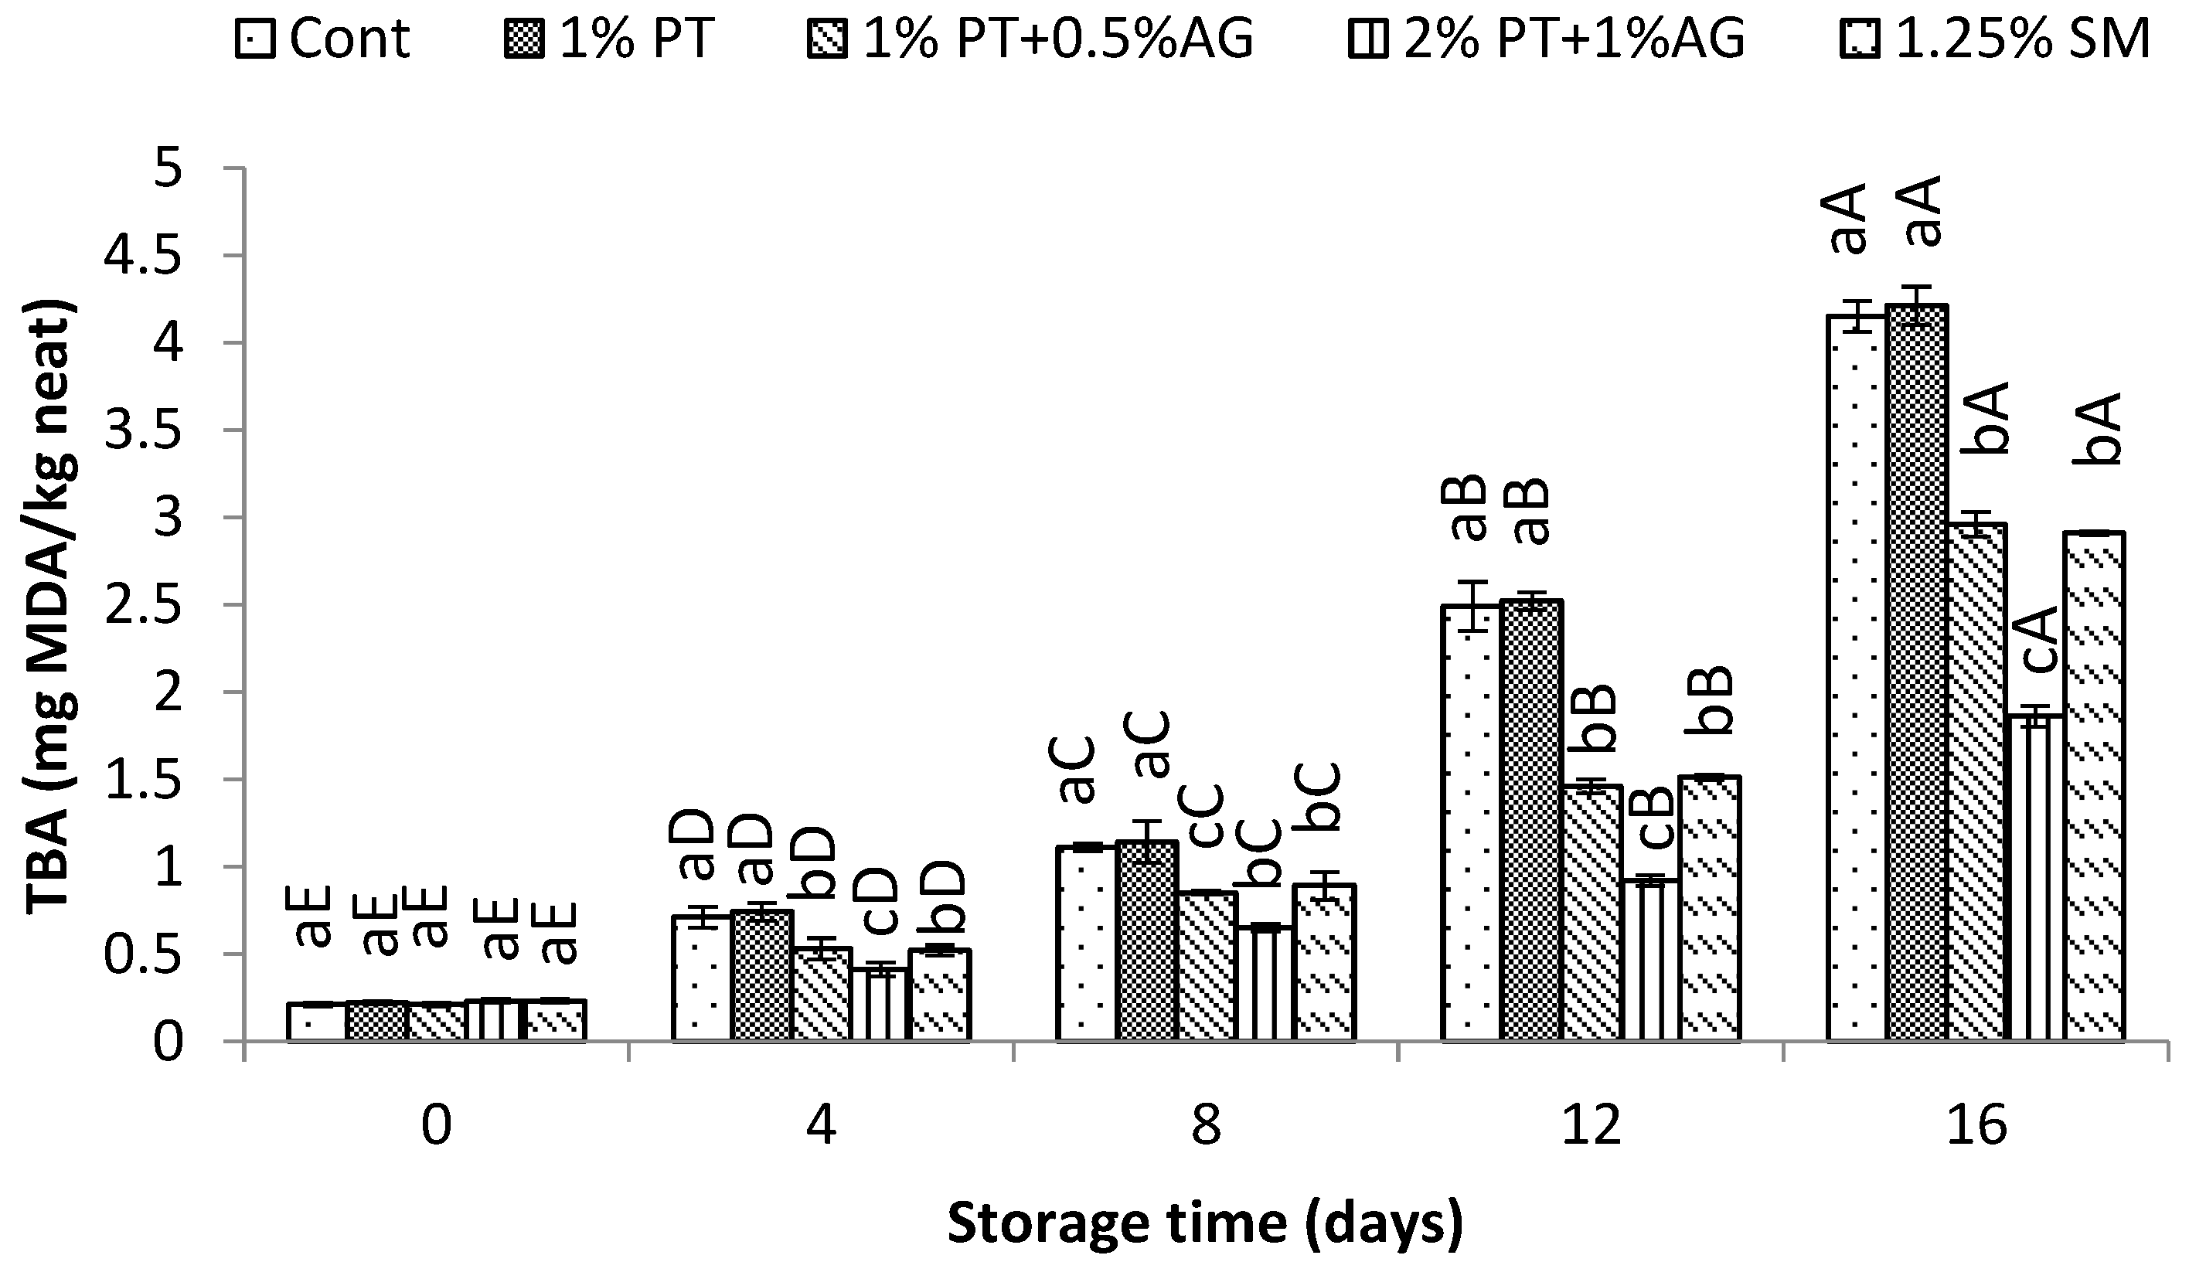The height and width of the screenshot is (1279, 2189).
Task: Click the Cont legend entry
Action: point(323,39)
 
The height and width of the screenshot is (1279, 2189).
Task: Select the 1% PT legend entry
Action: point(610,39)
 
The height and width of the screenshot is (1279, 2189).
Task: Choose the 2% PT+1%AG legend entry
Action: point(1546,39)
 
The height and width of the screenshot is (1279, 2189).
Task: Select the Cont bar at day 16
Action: point(1858,677)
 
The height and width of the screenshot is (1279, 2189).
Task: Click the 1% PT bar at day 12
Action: point(1531,821)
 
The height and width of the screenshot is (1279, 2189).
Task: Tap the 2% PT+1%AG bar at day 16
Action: point(2037,877)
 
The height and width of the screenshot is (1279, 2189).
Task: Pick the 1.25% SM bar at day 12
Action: point(1711,907)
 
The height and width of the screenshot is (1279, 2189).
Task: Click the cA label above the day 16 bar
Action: point(2038,640)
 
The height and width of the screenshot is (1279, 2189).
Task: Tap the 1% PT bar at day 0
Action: point(376,1021)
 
